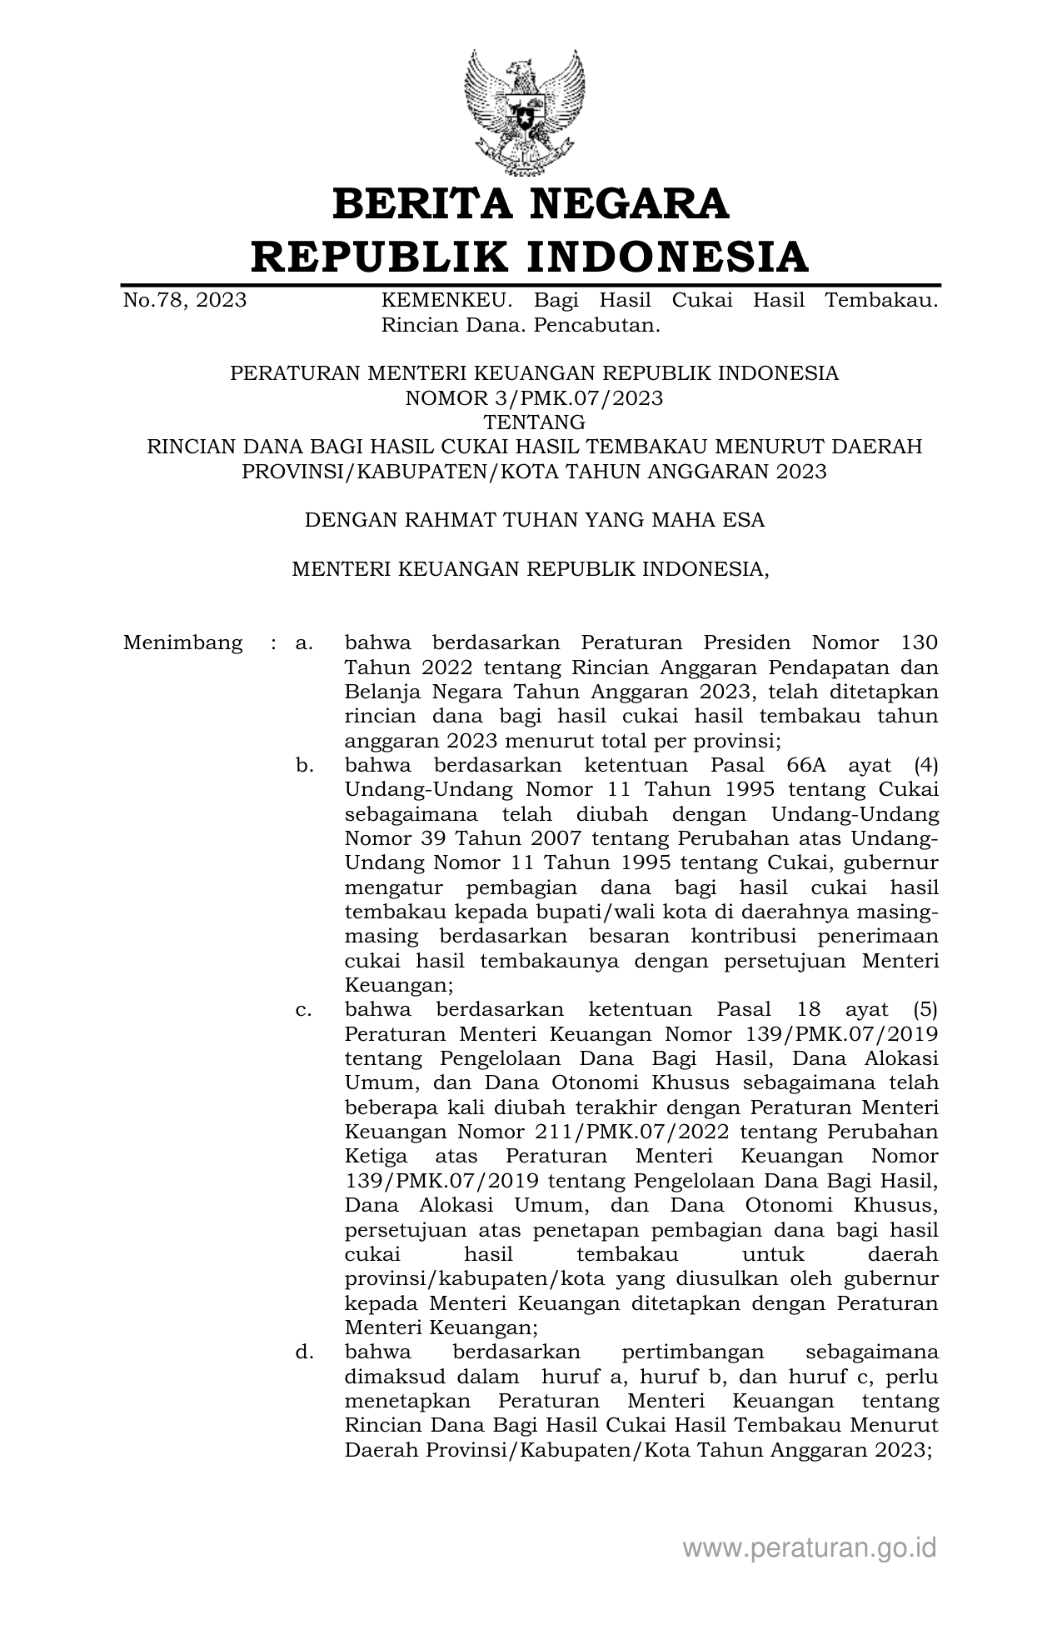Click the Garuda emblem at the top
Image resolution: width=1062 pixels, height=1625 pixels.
(x=524, y=112)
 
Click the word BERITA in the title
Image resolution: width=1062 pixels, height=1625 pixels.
(x=420, y=204)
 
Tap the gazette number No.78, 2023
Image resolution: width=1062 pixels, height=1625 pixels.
(x=184, y=301)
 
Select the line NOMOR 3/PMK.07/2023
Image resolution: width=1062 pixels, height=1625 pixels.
(x=534, y=398)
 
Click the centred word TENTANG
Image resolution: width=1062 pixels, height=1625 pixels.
(x=534, y=422)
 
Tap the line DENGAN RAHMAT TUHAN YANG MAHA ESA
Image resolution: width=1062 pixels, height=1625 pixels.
(x=534, y=521)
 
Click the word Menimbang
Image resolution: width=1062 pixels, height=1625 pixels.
(x=183, y=643)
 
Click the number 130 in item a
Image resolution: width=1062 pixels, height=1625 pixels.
(x=919, y=643)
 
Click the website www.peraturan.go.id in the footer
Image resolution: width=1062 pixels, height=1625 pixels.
(x=809, y=1548)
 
